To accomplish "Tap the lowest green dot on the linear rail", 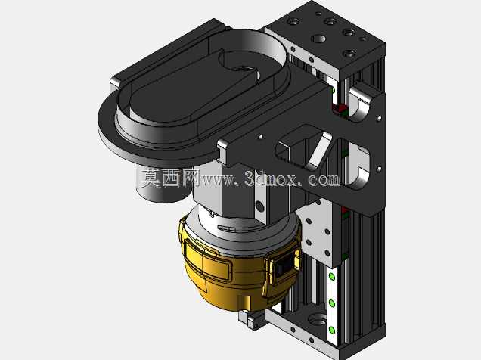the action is coord(331,331).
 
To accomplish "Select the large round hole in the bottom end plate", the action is coord(317,321).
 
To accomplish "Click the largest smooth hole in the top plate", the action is coord(318,39).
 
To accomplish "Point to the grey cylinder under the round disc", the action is coord(162,187).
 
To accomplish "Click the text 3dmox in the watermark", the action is coord(271,179).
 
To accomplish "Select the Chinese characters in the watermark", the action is coord(170,178).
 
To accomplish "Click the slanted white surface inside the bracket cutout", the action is coord(320,150).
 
